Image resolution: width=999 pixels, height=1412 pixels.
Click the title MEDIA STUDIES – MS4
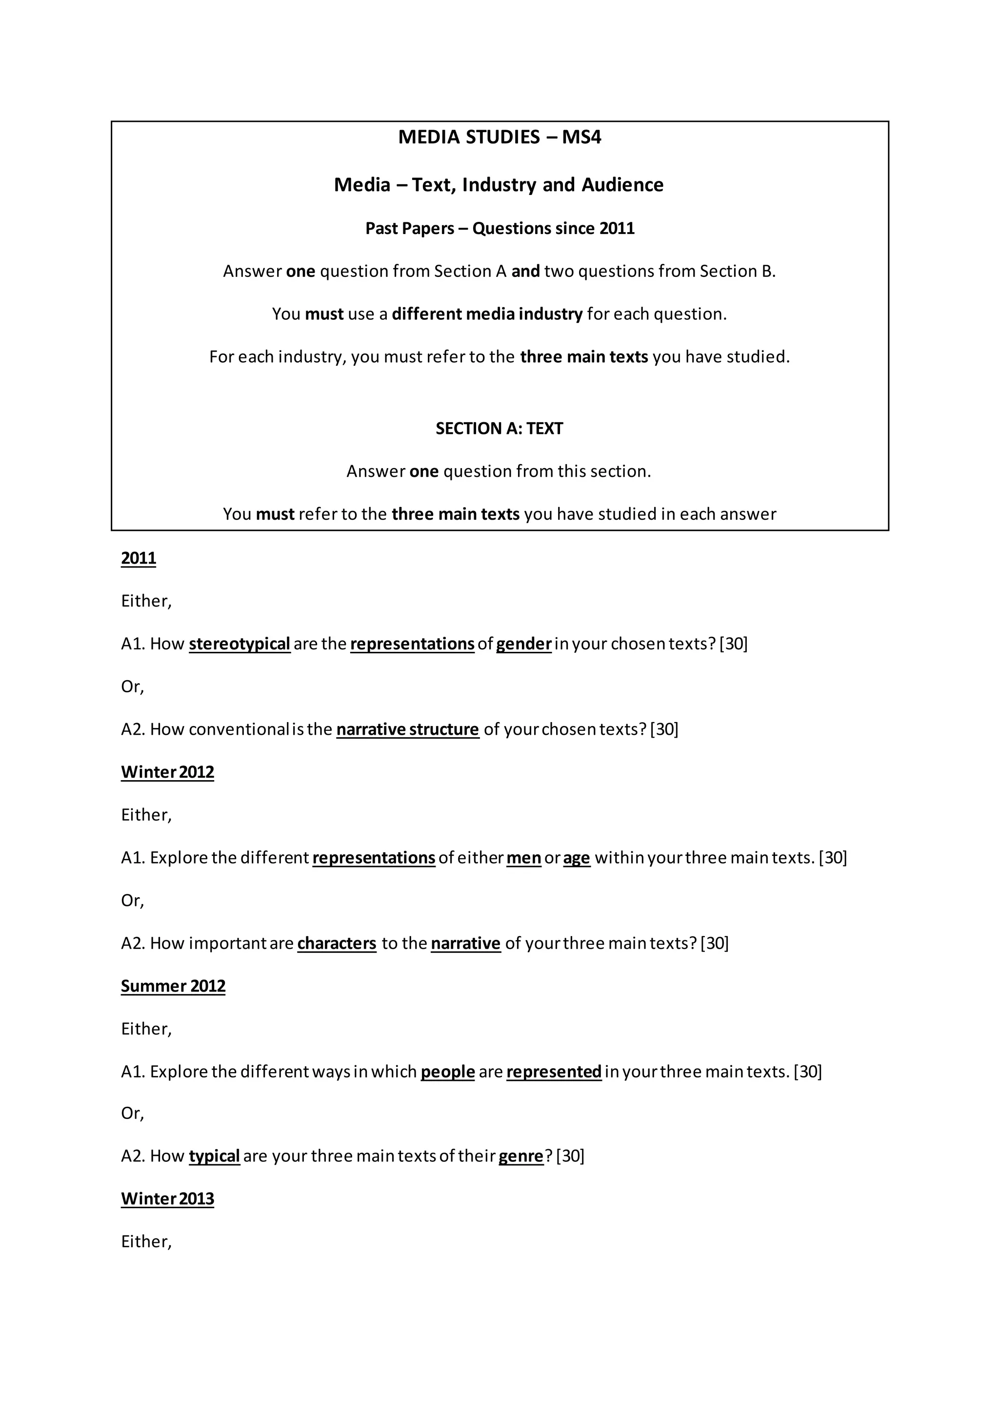(x=499, y=137)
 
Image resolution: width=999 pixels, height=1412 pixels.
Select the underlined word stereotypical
(x=240, y=644)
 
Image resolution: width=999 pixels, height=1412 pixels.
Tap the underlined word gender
(x=523, y=644)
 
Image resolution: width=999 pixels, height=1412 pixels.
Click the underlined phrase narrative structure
(x=407, y=729)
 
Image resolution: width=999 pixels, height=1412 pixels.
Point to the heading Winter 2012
(x=167, y=772)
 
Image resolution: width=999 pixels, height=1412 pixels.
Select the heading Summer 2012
(x=173, y=986)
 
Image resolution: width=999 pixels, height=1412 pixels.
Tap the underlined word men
(x=523, y=858)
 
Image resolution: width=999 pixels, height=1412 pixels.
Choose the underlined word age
(x=577, y=858)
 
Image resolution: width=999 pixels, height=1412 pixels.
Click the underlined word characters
(x=337, y=943)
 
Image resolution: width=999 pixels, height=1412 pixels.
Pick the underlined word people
(x=447, y=1071)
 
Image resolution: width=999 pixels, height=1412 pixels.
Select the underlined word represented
(x=554, y=1071)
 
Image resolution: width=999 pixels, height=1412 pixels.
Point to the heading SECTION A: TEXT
(x=499, y=429)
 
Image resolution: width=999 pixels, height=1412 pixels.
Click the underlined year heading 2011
(x=139, y=558)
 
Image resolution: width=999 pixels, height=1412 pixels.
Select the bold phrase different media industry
(x=487, y=314)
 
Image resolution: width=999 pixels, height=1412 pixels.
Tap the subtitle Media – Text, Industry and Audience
(x=499, y=185)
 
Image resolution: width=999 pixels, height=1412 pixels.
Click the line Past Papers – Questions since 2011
(x=499, y=229)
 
